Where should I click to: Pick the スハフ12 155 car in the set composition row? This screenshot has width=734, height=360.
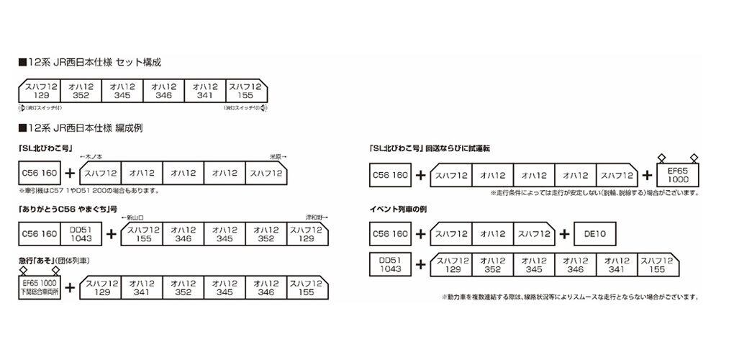(x=244, y=91)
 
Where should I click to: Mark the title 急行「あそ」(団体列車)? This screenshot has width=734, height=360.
(x=55, y=259)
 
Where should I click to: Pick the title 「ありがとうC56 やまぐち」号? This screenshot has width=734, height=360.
(x=65, y=209)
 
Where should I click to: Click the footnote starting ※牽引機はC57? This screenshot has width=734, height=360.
(x=87, y=192)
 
